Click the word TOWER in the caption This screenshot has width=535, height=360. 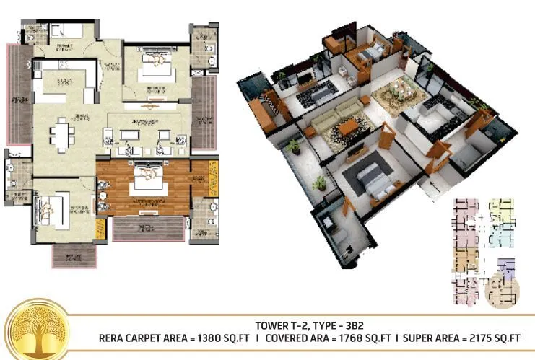click(271, 325)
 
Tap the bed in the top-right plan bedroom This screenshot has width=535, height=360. click(154, 66)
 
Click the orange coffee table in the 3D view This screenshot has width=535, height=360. click(349, 128)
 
